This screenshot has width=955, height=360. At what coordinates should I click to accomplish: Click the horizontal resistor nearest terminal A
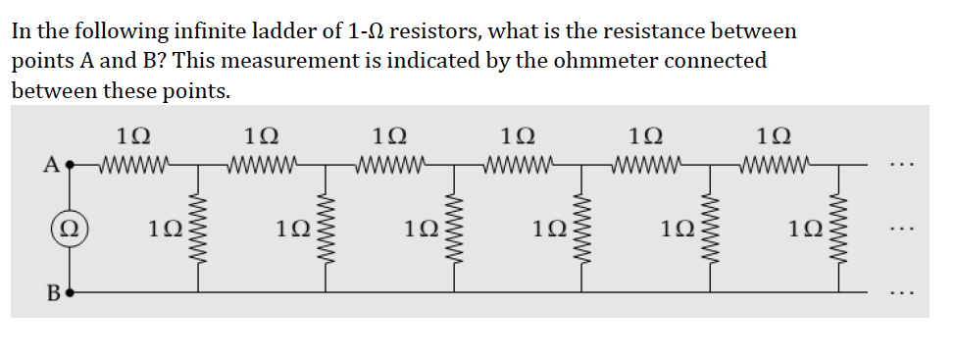pos(134,164)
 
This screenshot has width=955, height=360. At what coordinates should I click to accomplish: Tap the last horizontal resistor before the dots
pos(775,164)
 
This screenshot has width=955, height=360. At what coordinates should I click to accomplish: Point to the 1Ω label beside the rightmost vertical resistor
pos(807,230)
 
